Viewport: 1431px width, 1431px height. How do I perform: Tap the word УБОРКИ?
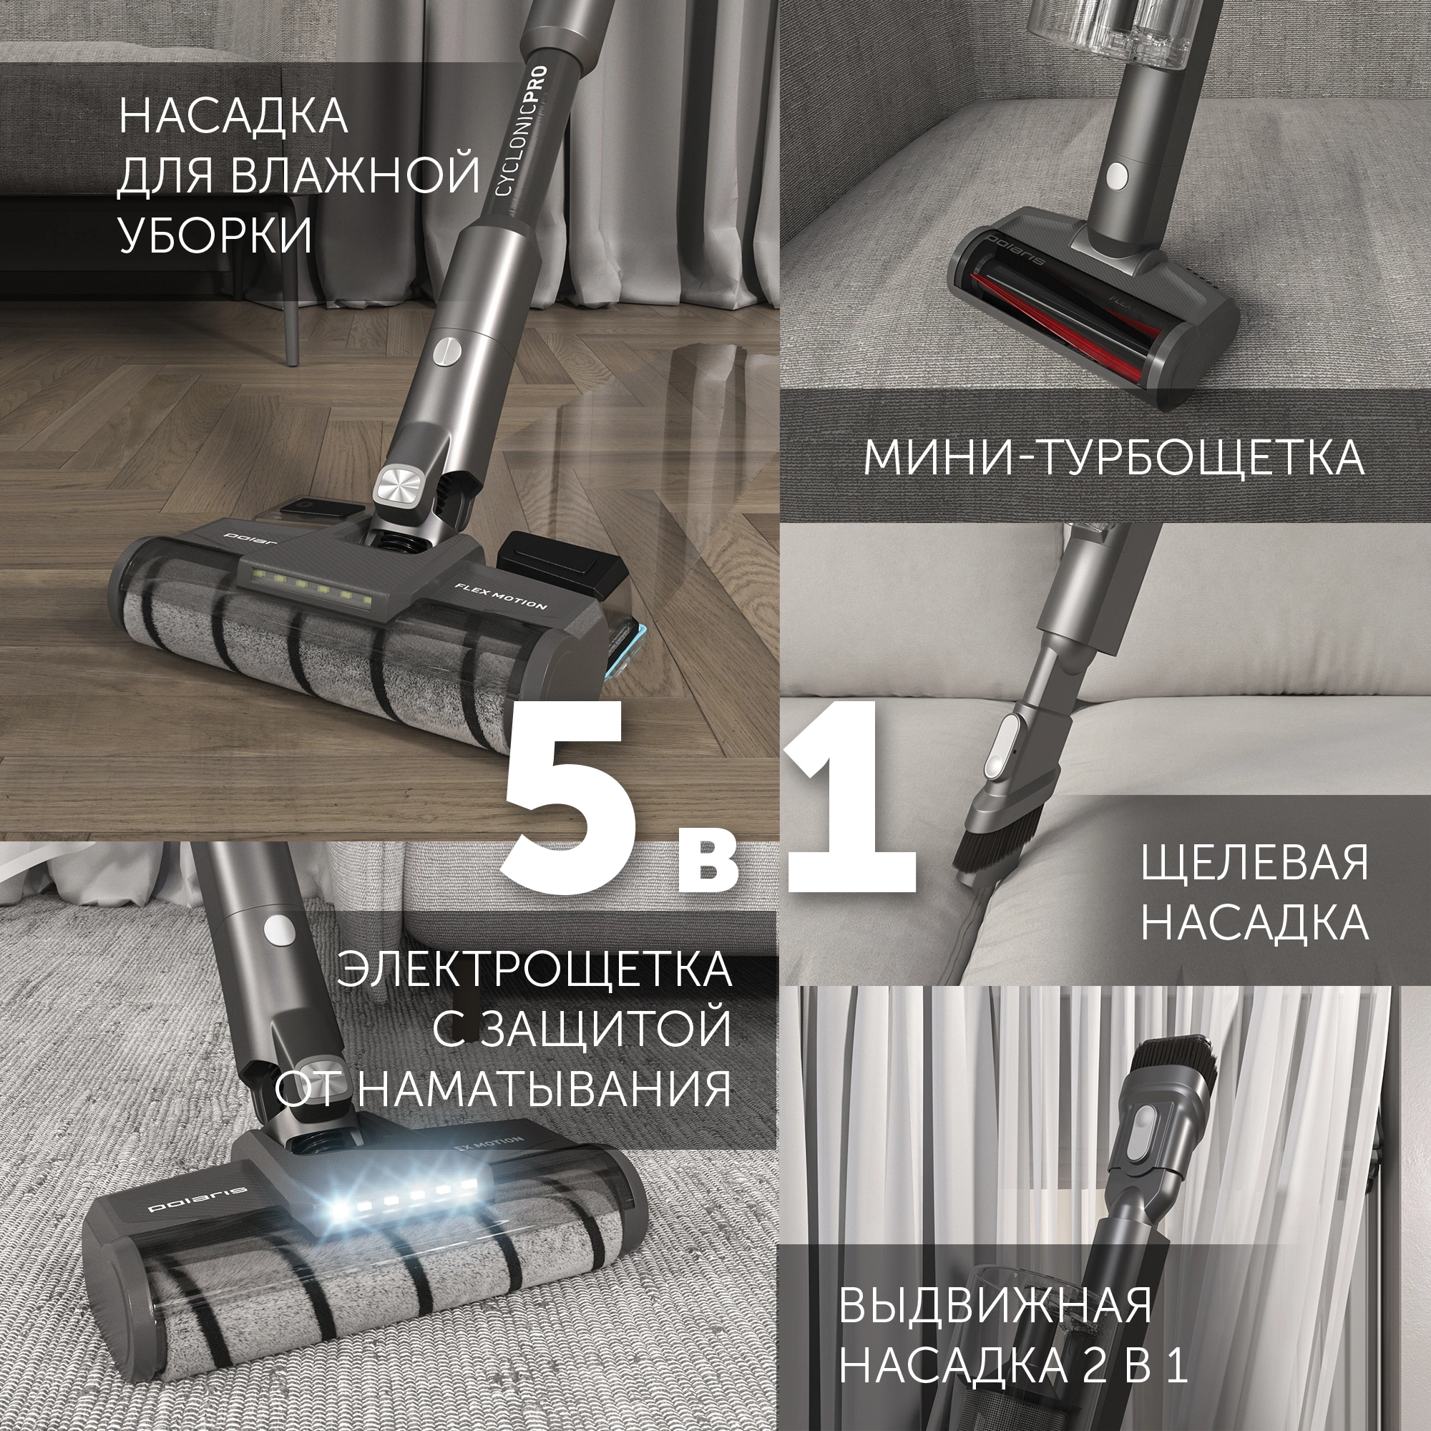(x=215, y=235)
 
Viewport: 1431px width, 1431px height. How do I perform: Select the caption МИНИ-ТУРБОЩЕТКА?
(x=1113, y=458)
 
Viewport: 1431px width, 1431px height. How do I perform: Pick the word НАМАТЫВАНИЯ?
(x=544, y=1089)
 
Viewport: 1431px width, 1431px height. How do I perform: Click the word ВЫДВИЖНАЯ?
(x=995, y=1304)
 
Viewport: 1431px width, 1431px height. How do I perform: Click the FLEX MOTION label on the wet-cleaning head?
(x=501, y=595)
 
